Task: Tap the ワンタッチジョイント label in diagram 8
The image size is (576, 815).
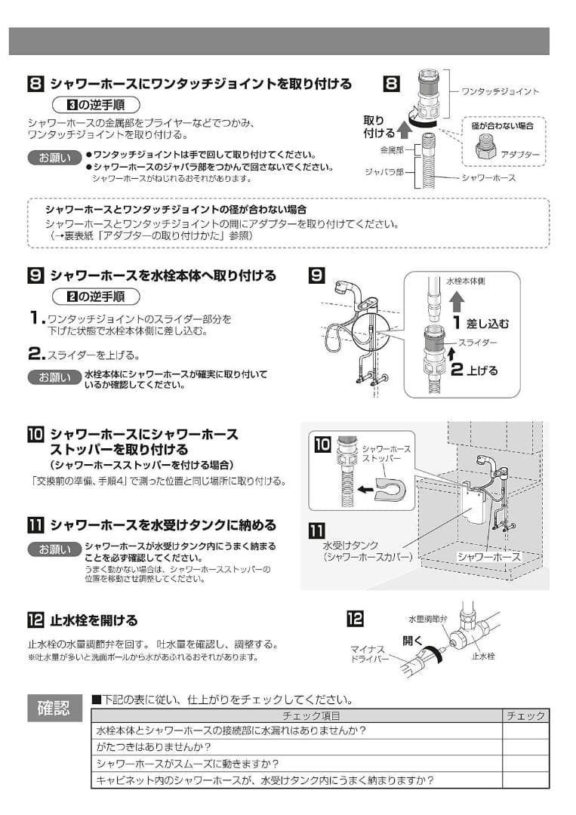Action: click(500, 91)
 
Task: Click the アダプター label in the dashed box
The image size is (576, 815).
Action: click(520, 154)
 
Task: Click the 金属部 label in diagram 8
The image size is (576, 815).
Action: click(389, 150)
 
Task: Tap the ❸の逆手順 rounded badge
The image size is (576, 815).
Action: click(95, 104)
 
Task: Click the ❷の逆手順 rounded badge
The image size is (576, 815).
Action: click(95, 296)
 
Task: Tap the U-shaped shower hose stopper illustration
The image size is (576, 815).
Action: click(390, 489)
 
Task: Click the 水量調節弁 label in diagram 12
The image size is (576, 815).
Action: click(427, 618)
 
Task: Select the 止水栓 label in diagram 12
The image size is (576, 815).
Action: click(483, 656)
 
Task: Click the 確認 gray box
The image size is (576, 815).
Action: click(54, 708)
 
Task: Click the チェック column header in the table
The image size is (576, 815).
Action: click(525, 715)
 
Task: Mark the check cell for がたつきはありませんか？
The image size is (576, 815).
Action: click(525, 747)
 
